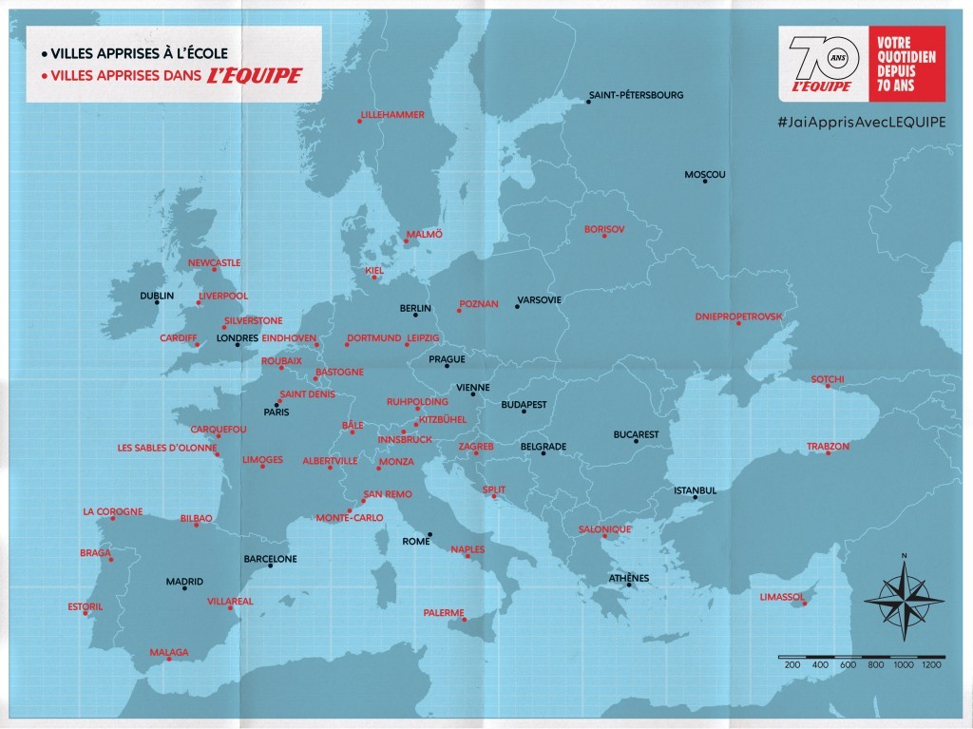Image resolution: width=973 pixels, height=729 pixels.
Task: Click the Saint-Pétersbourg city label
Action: pos(636,95)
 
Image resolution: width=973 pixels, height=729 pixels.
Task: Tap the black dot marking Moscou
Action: pos(705,181)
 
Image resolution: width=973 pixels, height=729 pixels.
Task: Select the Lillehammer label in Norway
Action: pos(391,114)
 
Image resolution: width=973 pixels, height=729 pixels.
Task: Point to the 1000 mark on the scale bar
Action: pos(903,665)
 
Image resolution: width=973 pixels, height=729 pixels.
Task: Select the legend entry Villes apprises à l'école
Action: pos(133,52)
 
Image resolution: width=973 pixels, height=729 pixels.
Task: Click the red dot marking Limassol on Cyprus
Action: pos(806,604)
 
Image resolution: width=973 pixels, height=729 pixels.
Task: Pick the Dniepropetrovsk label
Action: pos(738,316)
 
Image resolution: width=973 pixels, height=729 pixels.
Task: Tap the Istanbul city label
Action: pos(695,490)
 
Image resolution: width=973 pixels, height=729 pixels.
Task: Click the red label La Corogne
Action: pos(112,511)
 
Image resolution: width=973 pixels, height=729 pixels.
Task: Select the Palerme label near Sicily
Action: pos(444,612)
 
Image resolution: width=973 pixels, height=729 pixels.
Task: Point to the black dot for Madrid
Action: pos(184,589)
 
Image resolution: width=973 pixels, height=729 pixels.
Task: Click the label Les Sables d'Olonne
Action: pos(167,447)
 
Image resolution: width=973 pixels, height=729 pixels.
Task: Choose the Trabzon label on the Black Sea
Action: pos(828,445)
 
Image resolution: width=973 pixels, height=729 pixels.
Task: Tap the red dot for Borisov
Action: pos(604,236)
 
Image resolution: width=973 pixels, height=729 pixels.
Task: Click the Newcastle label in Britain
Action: pos(214,262)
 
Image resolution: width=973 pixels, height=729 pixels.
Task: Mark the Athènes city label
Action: pos(629,578)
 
